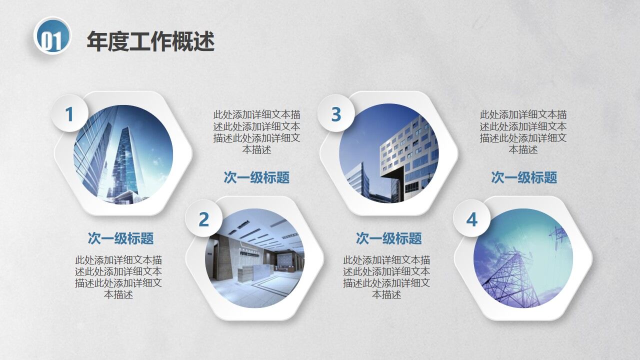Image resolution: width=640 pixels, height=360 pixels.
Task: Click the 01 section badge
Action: coord(52,36)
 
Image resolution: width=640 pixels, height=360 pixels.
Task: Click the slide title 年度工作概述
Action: coord(150,41)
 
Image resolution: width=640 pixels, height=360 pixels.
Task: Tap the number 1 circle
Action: coord(69,114)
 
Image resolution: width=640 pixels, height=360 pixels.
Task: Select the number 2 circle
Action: coord(203,219)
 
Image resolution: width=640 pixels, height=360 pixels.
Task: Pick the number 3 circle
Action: coord(336,114)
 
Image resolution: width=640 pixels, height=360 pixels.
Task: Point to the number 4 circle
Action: coord(471,219)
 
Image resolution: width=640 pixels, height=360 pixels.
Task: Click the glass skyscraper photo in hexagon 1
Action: coord(123,154)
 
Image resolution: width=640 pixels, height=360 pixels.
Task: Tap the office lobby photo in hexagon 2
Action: coord(255,258)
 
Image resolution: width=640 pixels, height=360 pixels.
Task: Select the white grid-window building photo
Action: coord(389,153)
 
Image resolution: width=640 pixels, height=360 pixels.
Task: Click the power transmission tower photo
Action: coord(522,258)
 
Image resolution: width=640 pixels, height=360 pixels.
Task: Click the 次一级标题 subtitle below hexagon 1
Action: coord(120,238)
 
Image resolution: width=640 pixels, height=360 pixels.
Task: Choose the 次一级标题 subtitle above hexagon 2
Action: coord(256,177)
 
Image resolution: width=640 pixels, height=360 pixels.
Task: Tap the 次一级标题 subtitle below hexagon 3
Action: coord(388,238)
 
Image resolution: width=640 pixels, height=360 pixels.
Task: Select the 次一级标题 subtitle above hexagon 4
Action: coord(523,177)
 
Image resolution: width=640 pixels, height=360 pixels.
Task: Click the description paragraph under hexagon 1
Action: coord(118,277)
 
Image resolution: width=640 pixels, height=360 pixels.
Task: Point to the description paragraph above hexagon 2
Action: coord(256,132)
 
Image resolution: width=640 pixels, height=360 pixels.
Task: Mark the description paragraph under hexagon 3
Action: coord(386,277)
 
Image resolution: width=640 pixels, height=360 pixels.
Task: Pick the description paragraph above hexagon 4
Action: coord(523,132)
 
